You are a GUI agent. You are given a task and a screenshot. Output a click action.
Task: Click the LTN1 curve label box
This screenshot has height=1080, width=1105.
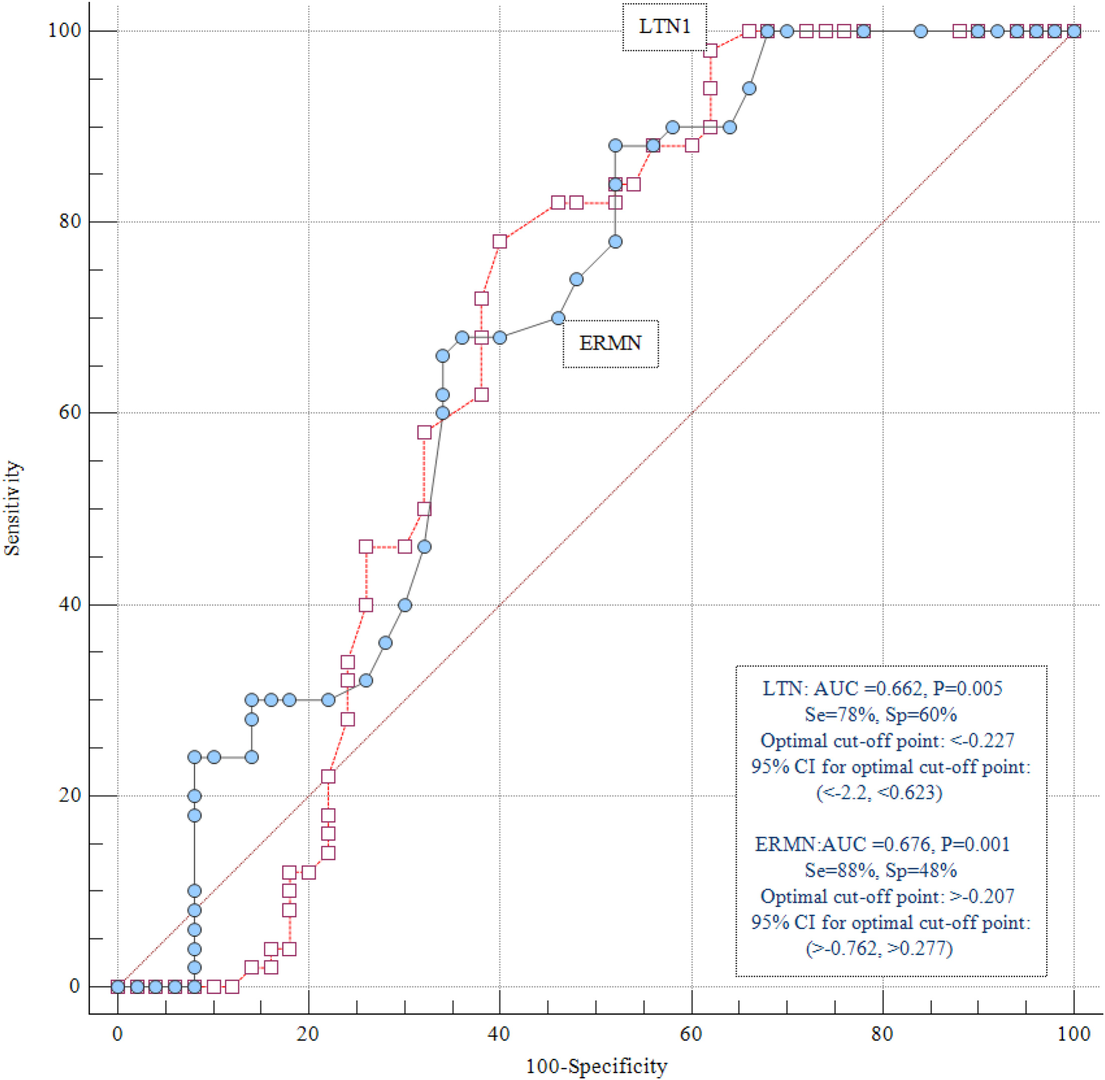(x=664, y=27)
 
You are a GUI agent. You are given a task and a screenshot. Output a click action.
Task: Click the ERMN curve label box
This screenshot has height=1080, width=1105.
(x=610, y=344)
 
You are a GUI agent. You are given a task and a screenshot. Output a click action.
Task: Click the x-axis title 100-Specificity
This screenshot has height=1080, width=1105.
(x=596, y=1067)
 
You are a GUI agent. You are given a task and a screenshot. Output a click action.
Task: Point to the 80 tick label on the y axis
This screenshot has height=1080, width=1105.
(x=71, y=221)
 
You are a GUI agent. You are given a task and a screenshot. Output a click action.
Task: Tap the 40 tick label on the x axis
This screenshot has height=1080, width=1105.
(x=499, y=1034)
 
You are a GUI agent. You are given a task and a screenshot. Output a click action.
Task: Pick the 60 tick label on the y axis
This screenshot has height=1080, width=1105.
(x=71, y=412)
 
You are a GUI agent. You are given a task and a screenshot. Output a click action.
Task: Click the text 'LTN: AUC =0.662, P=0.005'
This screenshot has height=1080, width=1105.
(x=883, y=689)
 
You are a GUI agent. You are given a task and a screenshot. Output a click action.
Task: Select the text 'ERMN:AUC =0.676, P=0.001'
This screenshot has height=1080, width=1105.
(x=883, y=845)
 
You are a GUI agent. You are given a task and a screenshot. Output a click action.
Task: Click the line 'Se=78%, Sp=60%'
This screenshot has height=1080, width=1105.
(x=881, y=715)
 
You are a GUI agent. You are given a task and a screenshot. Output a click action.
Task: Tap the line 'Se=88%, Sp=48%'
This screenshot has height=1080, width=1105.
(x=881, y=870)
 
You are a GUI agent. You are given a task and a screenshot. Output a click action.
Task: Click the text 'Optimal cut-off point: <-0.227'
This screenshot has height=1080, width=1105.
(x=887, y=741)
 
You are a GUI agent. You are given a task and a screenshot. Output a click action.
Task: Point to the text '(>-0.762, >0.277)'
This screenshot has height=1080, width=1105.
(x=879, y=948)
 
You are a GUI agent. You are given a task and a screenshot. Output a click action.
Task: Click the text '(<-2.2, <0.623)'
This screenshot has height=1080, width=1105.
(x=879, y=792)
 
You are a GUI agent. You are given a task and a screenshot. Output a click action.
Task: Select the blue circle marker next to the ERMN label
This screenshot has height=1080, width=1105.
(x=558, y=318)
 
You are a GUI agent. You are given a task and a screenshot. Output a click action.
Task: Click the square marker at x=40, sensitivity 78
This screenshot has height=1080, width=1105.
(x=500, y=242)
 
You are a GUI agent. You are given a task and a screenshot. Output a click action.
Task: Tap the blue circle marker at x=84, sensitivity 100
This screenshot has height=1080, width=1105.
(x=921, y=31)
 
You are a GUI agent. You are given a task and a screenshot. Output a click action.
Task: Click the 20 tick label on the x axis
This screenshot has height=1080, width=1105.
(x=307, y=1034)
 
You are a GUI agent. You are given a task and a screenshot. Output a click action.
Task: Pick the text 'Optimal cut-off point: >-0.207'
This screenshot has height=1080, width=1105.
(x=887, y=896)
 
